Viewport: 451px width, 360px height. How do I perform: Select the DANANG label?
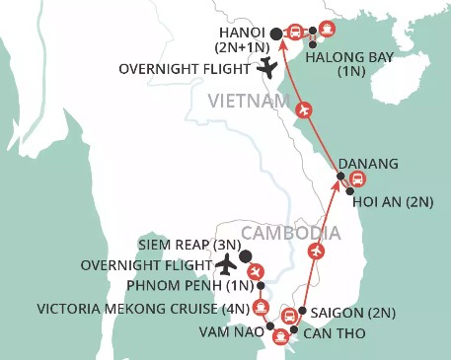coord(367,162)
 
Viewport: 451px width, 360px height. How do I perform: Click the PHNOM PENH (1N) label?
coord(190,287)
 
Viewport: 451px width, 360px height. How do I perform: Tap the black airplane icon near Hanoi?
coord(266,68)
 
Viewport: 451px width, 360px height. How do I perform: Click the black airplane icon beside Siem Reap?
coord(226,265)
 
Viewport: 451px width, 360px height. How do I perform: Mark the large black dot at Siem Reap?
coord(245,254)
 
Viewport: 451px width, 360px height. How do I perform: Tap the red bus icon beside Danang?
coord(358,179)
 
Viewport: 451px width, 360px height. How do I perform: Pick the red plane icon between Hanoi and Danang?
coord(305,108)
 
